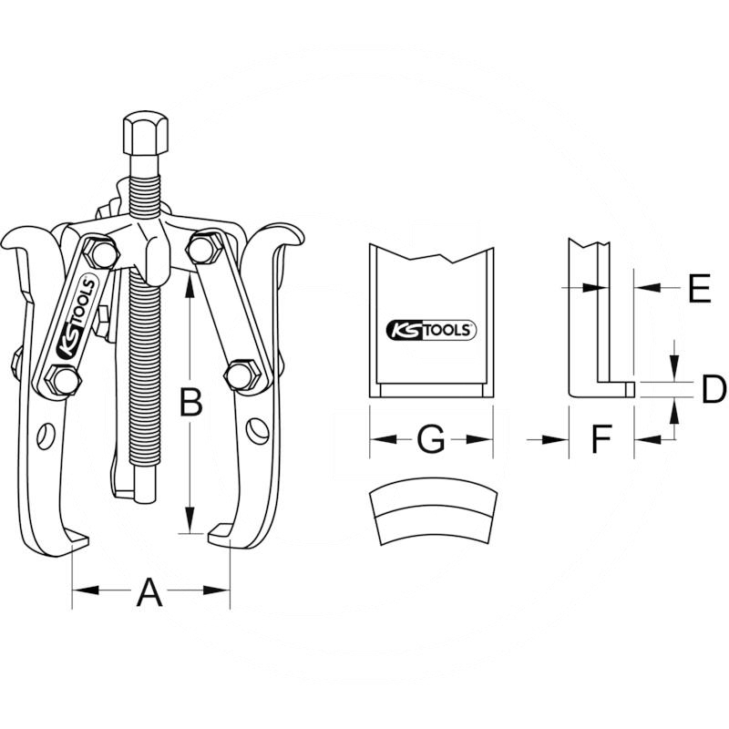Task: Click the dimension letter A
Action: click(x=149, y=593)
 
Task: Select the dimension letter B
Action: click(x=190, y=402)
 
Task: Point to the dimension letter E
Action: click(x=699, y=289)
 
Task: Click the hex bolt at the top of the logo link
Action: click(x=102, y=253)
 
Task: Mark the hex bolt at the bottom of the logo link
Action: click(x=62, y=380)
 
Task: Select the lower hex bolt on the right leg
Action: click(x=241, y=374)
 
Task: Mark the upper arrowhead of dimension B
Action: click(x=189, y=284)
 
